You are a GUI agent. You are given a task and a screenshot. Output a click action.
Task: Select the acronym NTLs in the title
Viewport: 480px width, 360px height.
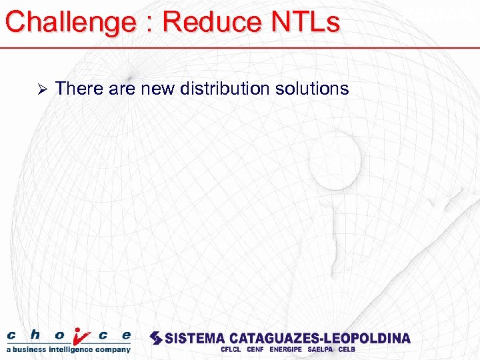[303, 22]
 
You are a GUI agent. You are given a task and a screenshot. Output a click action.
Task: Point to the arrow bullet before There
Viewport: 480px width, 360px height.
[41, 89]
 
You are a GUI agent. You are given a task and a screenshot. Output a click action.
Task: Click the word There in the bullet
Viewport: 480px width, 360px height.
[78, 89]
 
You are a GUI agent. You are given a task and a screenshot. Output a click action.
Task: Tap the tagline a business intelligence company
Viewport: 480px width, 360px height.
[69, 349]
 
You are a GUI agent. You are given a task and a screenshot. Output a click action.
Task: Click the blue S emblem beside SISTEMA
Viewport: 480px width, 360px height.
[156, 338]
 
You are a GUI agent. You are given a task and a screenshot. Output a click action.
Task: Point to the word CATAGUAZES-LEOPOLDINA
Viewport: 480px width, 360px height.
[321, 338]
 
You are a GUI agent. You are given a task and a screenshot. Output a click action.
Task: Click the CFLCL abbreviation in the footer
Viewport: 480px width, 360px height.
[231, 349]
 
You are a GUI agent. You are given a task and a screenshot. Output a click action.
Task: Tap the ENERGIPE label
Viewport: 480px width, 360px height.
[286, 349]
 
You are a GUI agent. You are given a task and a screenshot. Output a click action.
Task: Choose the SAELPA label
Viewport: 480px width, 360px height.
[321, 349]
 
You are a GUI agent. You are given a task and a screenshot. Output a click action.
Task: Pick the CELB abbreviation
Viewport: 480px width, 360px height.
[347, 349]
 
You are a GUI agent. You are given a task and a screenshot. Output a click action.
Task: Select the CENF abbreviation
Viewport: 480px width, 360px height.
[255, 349]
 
